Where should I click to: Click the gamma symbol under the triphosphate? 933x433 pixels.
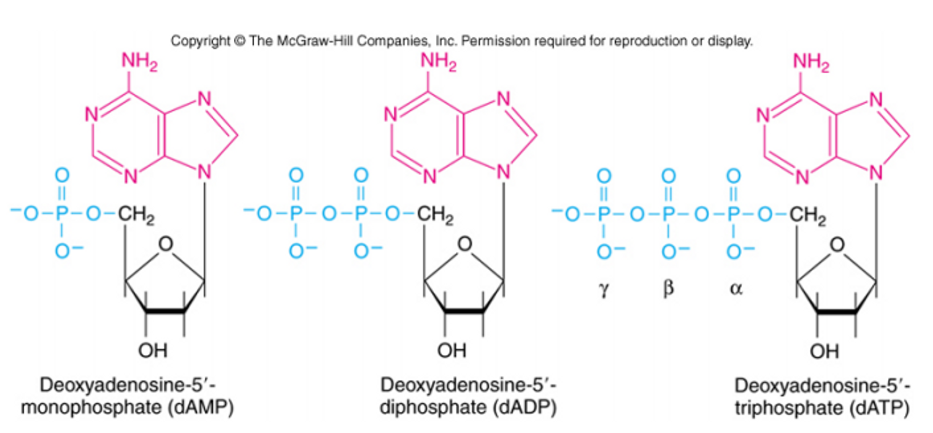(x=603, y=289)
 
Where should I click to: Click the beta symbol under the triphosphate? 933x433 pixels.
(x=668, y=288)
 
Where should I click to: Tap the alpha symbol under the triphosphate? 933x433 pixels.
(x=735, y=289)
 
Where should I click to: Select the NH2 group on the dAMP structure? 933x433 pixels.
(x=139, y=61)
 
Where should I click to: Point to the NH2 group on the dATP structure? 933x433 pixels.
(x=811, y=62)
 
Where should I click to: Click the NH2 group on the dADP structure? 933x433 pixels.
(x=438, y=61)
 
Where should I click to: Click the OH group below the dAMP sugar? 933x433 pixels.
(x=153, y=350)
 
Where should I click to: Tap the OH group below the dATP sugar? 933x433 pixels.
(x=824, y=351)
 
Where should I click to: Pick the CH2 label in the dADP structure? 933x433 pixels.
(x=435, y=214)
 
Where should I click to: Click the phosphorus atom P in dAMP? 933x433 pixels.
(x=62, y=214)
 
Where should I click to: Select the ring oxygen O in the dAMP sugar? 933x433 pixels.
(x=166, y=244)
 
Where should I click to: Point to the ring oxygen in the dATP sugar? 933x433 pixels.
(x=837, y=244)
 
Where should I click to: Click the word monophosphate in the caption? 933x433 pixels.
(x=91, y=407)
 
